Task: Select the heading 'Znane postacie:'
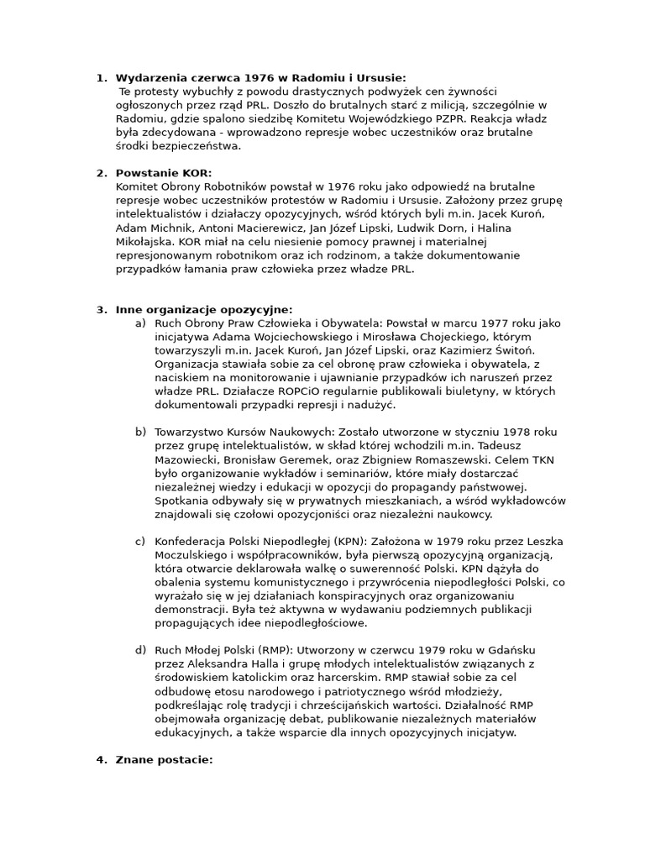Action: click(x=164, y=760)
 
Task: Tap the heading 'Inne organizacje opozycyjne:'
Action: click(x=204, y=310)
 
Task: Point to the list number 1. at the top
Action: click(x=102, y=77)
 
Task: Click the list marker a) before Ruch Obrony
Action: click(x=140, y=323)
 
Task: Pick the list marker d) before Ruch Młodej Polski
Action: click(x=140, y=651)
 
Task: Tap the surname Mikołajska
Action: click(x=147, y=242)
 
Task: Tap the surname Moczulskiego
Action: click(x=196, y=555)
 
